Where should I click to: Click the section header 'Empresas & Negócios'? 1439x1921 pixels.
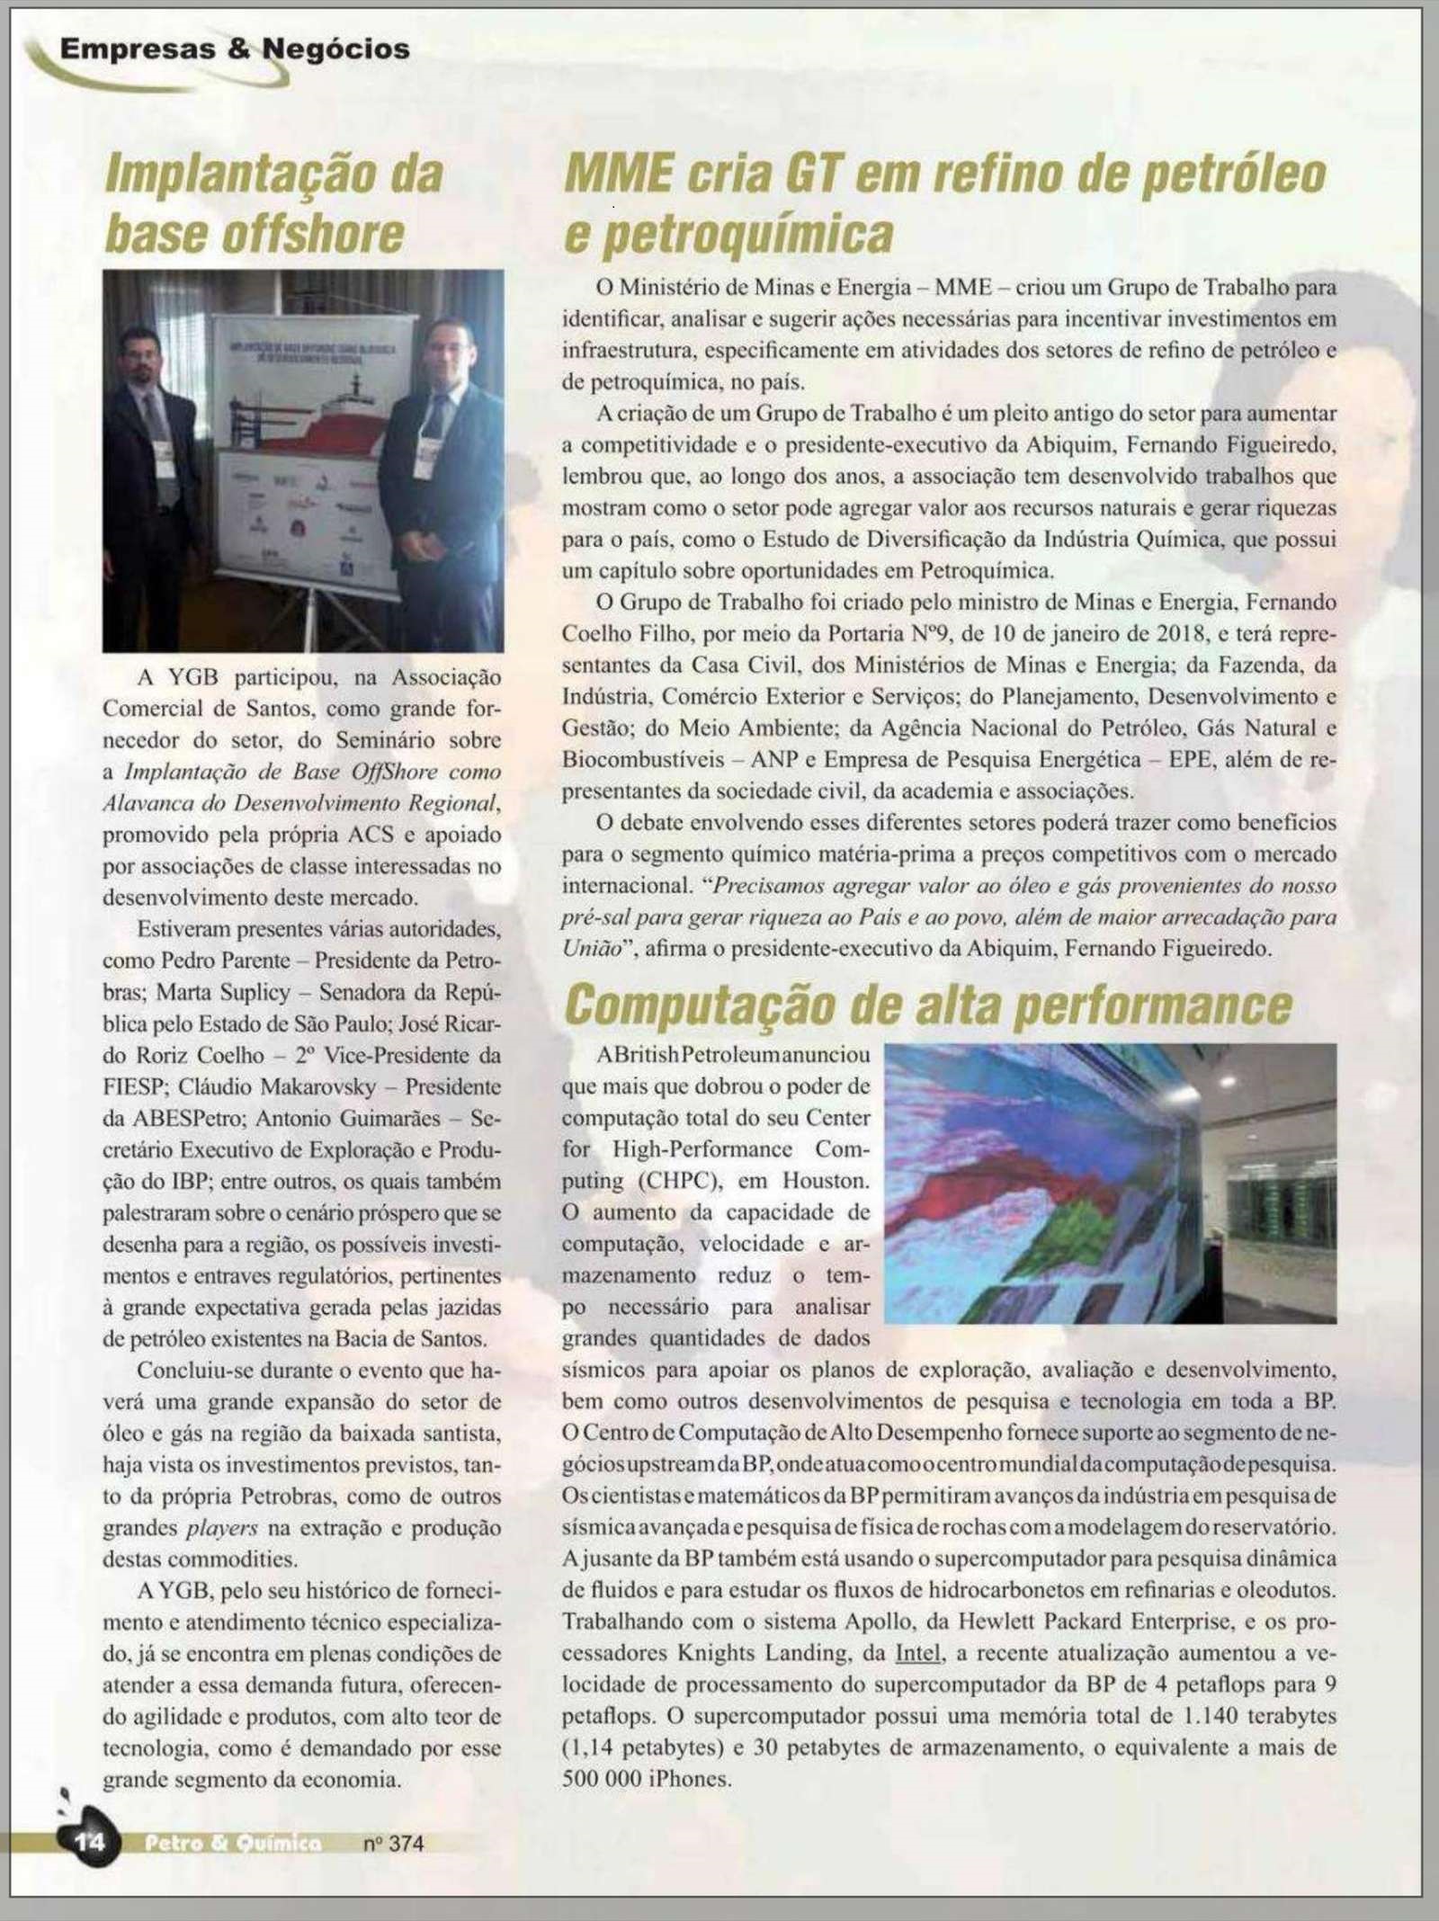(235, 49)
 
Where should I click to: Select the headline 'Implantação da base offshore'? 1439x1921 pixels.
(273, 203)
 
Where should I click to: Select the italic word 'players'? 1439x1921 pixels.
(221, 1527)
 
